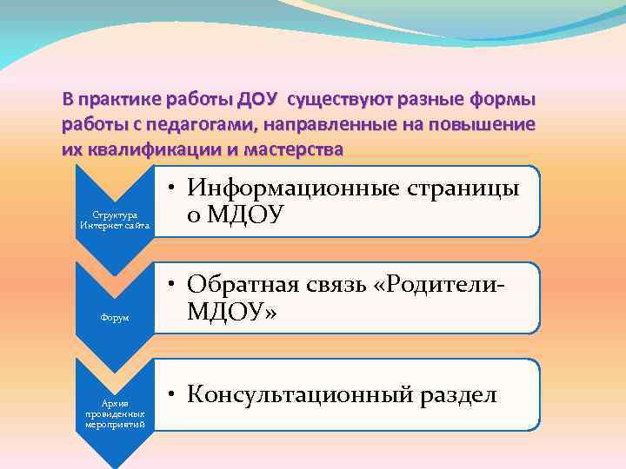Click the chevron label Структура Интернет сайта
[115, 220]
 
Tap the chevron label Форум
[115, 318]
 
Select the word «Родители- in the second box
[451, 285]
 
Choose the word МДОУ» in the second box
[233, 312]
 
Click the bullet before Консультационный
[175, 397]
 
